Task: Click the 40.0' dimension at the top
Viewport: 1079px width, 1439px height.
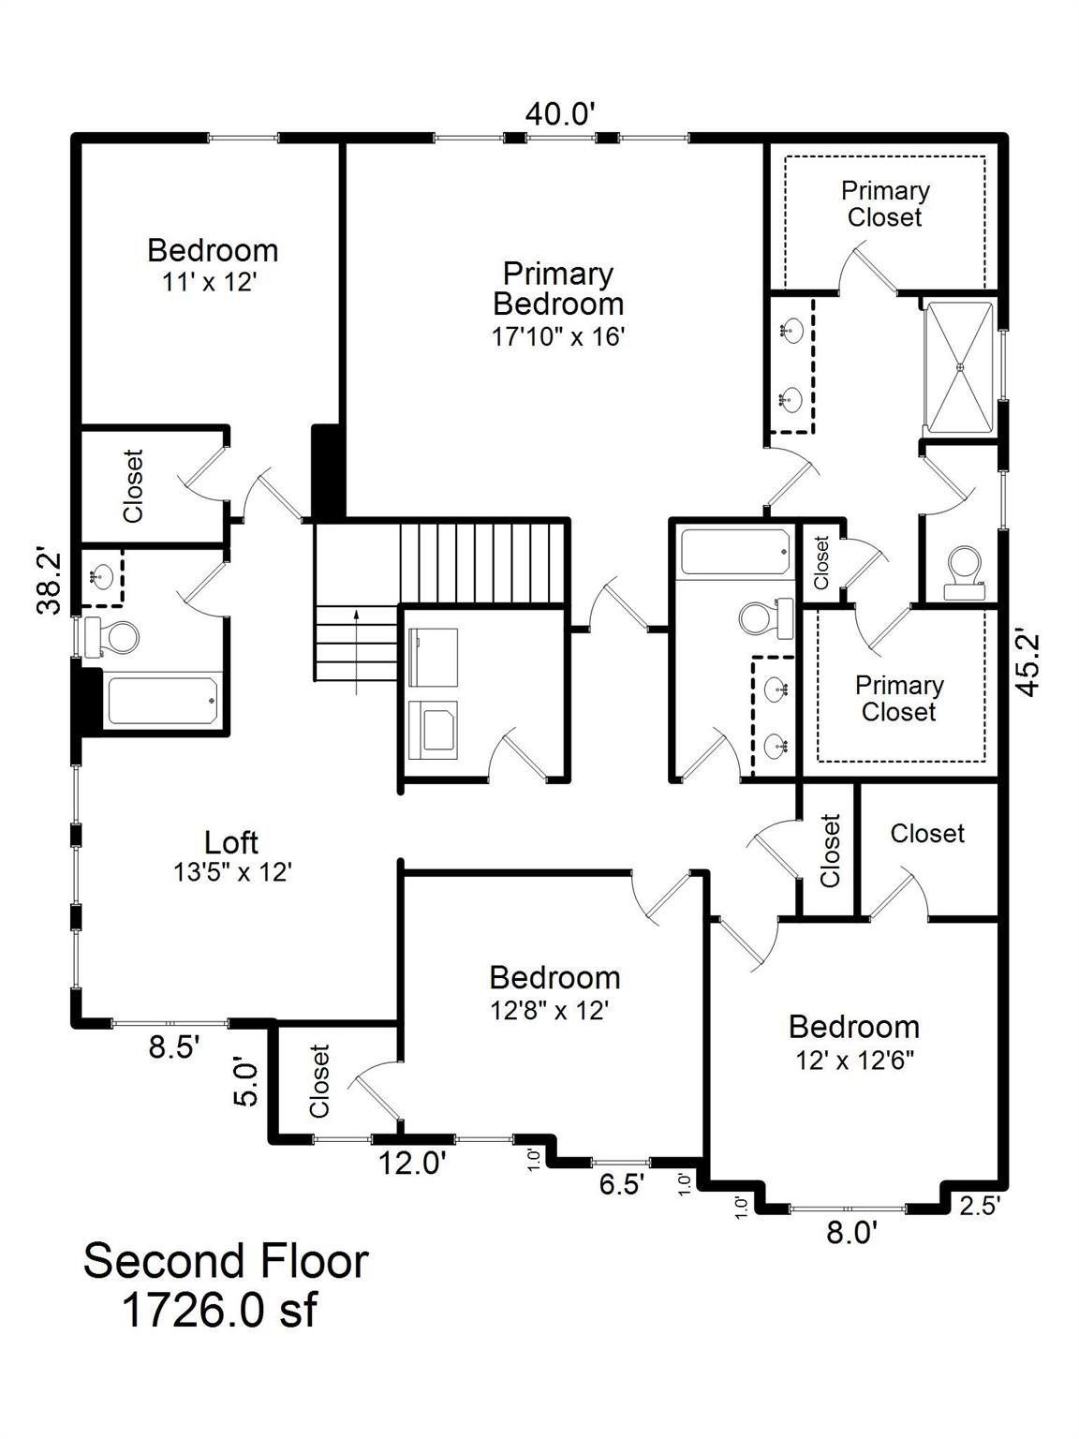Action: pyautogui.click(x=560, y=114)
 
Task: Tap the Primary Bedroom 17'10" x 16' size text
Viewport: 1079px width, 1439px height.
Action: pyautogui.click(x=557, y=336)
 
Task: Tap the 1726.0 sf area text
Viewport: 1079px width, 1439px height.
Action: pyautogui.click(x=220, y=1311)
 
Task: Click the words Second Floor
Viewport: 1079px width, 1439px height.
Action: pyautogui.click(x=226, y=1261)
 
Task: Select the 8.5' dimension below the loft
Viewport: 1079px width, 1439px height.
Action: pyautogui.click(x=174, y=1047)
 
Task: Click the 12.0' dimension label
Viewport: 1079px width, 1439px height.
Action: pyautogui.click(x=411, y=1164)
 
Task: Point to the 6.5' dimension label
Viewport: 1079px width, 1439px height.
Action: pyautogui.click(x=621, y=1184)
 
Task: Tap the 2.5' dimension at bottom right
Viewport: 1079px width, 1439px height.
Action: pyautogui.click(x=980, y=1206)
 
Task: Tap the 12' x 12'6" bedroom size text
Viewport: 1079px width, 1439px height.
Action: pyautogui.click(x=854, y=1061)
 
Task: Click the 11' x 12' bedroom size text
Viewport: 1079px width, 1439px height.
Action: pyautogui.click(x=210, y=282)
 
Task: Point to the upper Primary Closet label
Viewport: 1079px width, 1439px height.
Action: pyautogui.click(x=884, y=203)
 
